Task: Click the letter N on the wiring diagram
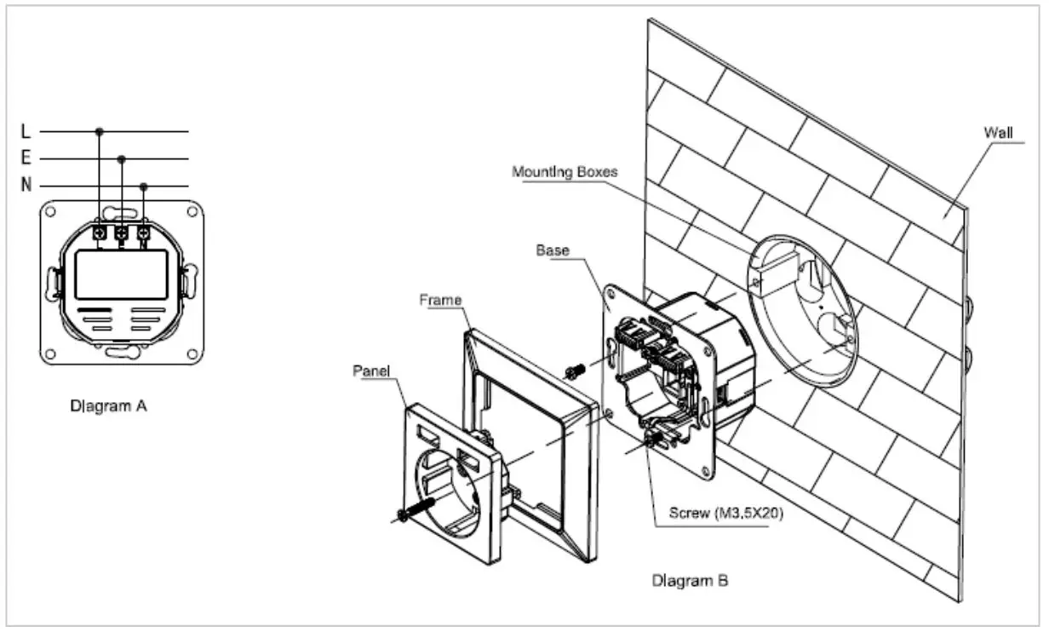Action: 27,186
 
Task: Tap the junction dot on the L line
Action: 100,131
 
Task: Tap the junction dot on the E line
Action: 122,158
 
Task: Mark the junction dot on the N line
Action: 143,186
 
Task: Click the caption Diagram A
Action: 108,406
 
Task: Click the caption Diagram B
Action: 690,582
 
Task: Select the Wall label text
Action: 997,133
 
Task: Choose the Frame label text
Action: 441,300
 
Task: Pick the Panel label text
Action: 371,372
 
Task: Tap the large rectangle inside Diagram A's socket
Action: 120,274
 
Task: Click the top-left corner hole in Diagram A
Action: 50,210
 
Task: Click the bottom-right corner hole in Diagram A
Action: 192,353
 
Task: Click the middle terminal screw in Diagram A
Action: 121,233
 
